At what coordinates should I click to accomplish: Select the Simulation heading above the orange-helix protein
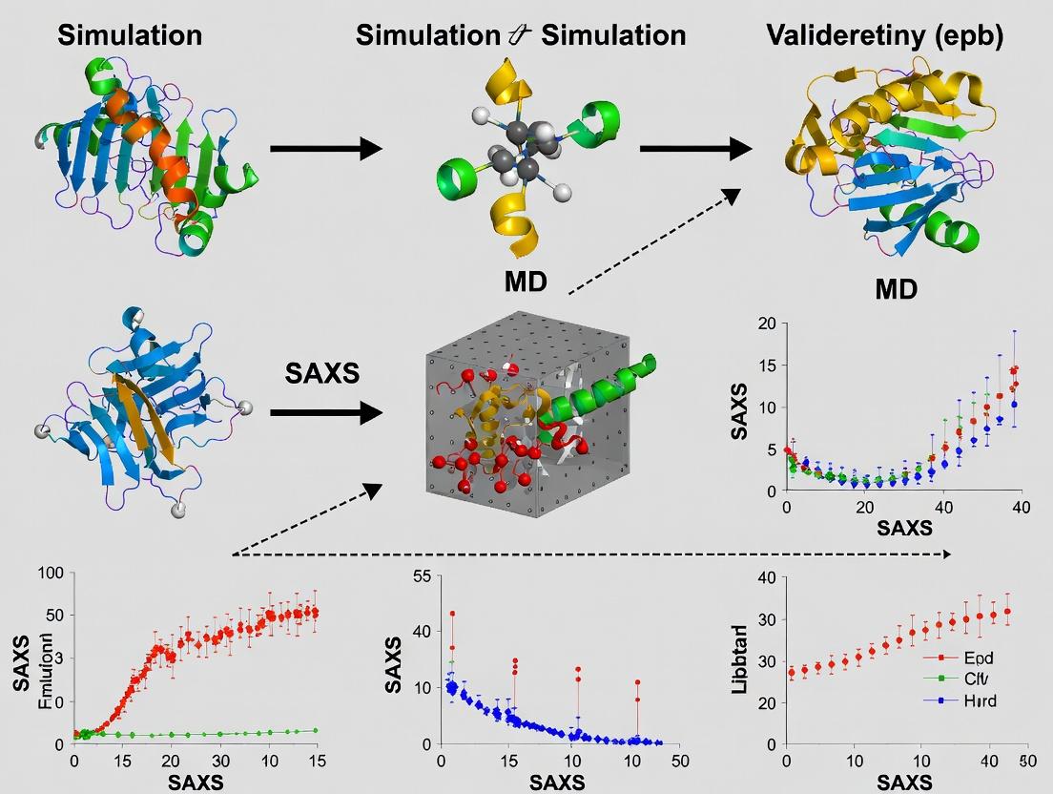click(x=130, y=35)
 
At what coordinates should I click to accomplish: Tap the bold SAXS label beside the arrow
click(x=322, y=373)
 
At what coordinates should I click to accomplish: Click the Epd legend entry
click(x=978, y=658)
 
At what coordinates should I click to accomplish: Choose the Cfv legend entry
click(x=976, y=679)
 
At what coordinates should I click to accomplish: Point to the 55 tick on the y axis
click(x=420, y=575)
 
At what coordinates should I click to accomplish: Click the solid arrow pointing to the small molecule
click(x=326, y=148)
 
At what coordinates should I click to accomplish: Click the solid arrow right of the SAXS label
click(x=326, y=412)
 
